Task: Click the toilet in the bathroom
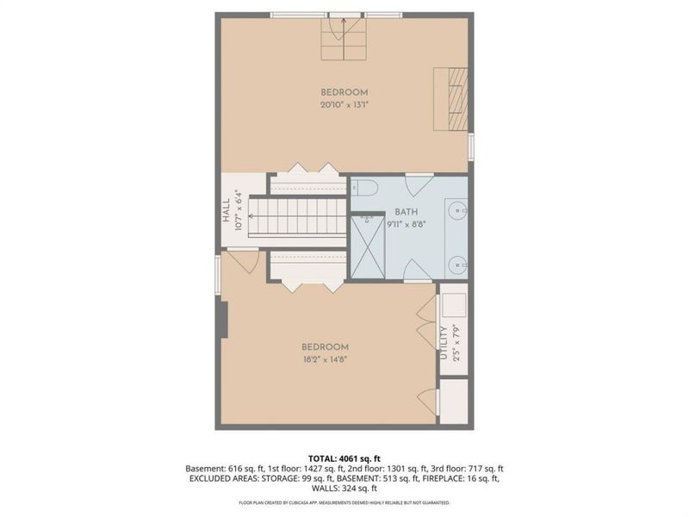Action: coord(364,188)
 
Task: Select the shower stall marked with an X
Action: coord(369,246)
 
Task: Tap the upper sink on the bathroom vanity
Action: coord(457,209)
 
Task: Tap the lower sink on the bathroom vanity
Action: coord(457,263)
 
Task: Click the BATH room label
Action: coord(407,212)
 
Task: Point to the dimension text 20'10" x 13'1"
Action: coord(344,105)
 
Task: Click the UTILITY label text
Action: coord(444,343)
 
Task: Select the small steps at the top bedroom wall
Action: coord(344,40)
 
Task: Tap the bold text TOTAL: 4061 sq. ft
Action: coord(344,458)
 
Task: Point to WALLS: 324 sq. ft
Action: coord(344,488)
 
